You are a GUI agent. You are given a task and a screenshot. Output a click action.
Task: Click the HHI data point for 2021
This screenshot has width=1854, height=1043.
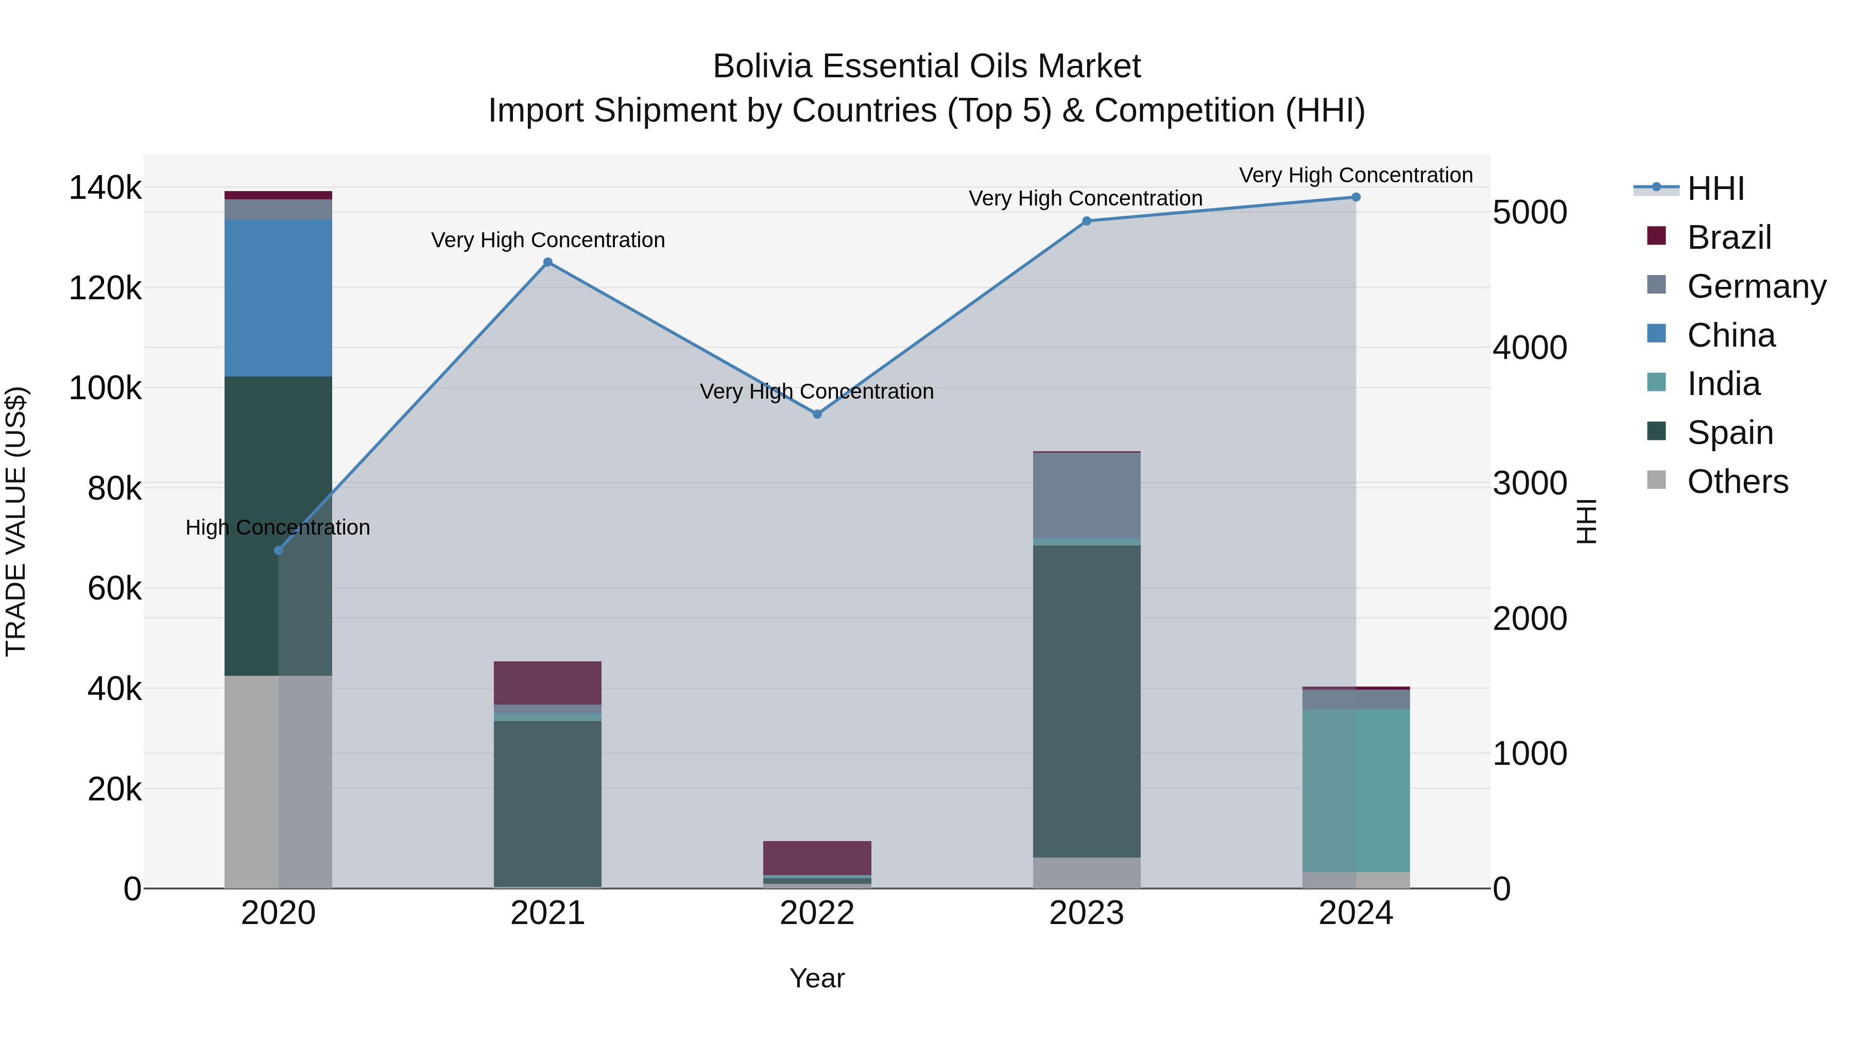coord(548,263)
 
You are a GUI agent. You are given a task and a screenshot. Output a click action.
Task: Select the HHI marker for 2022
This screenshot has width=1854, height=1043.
coord(817,415)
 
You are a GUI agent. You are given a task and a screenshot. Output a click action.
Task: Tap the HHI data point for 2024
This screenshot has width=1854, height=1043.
coord(1356,197)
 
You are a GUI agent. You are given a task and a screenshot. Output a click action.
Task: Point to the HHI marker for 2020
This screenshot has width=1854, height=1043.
coord(279,551)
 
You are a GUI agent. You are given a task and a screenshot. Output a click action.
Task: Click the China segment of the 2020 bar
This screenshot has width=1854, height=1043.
coord(279,298)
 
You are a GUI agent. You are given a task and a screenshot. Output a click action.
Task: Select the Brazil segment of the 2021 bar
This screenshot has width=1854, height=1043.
coord(548,682)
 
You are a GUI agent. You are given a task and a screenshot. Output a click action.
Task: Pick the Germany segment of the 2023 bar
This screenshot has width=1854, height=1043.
coord(1087,495)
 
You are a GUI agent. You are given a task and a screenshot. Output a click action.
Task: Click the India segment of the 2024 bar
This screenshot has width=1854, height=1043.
coord(1356,790)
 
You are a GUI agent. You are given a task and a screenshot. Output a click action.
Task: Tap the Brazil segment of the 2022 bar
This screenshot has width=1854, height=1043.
coord(817,857)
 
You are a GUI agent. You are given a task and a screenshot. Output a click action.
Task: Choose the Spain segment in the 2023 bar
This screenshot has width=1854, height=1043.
coord(1087,701)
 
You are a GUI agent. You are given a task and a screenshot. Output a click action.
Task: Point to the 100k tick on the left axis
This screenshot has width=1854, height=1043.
coord(105,389)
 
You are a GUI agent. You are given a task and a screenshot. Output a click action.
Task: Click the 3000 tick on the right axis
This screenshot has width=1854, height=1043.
coord(1530,483)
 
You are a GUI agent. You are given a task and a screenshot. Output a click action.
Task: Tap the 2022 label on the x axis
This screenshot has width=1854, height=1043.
coord(817,913)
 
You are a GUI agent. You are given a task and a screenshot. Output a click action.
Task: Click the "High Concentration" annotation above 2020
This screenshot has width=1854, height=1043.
coord(278,527)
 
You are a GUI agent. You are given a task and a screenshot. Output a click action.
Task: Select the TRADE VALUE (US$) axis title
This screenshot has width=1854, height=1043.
coord(16,521)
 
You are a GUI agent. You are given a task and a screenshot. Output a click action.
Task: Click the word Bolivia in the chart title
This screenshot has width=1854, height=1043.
coord(763,66)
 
